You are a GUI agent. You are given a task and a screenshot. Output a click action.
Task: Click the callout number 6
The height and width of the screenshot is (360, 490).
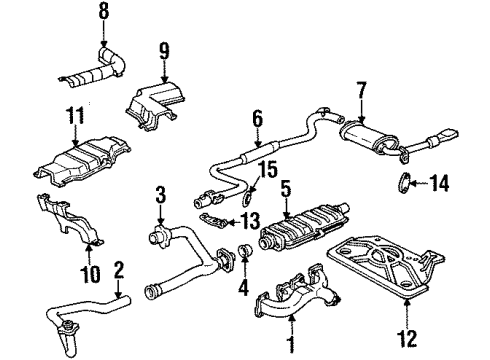tap(256, 118)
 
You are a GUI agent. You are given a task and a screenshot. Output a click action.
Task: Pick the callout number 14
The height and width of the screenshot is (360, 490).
tap(449, 181)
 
